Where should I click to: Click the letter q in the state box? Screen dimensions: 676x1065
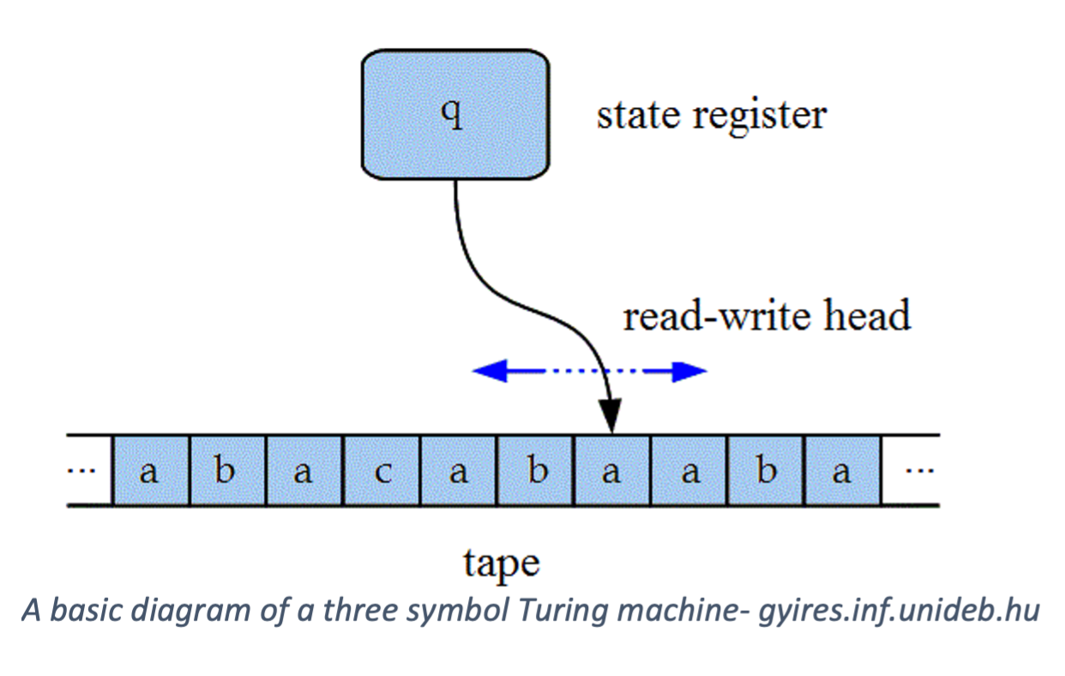[454, 115]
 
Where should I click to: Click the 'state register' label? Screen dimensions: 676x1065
[711, 115]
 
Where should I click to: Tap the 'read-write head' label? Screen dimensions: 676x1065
[766, 317]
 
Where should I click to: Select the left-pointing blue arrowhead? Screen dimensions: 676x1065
[487, 371]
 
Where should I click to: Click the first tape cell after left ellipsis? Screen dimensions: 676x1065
[150, 471]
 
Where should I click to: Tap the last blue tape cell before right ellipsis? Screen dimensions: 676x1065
[842, 471]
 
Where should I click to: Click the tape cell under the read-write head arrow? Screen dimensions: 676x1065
[611, 471]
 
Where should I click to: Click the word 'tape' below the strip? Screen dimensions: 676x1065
[502, 564]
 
